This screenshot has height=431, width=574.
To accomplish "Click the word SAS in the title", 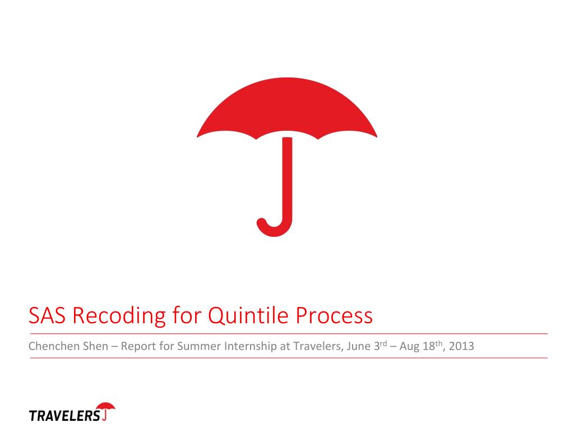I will tap(47, 316).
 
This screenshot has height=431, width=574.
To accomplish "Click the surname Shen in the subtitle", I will tap(87, 346).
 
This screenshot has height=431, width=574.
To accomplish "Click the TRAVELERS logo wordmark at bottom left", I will tap(64, 416).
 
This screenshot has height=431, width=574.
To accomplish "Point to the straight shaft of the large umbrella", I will tap(288, 174).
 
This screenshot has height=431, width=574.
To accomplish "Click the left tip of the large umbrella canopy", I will tap(198, 135).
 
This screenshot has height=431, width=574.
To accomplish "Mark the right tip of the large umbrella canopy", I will tap(376, 135).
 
